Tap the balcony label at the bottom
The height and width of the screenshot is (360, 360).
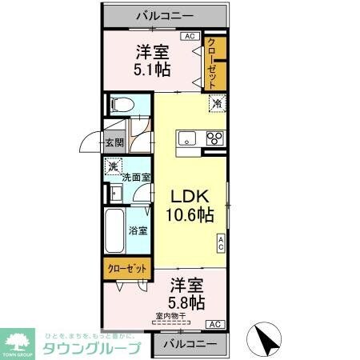[x=190, y=344]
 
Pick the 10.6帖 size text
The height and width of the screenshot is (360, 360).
[x=190, y=214]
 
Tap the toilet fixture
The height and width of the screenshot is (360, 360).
[x=122, y=105]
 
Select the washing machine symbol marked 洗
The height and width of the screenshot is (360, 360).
[x=114, y=167]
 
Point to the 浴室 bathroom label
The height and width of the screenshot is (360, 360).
[x=138, y=231]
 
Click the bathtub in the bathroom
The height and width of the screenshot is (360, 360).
[x=113, y=231]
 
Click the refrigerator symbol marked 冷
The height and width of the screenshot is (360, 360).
[x=216, y=102]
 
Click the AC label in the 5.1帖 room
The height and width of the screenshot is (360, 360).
[x=190, y=36]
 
